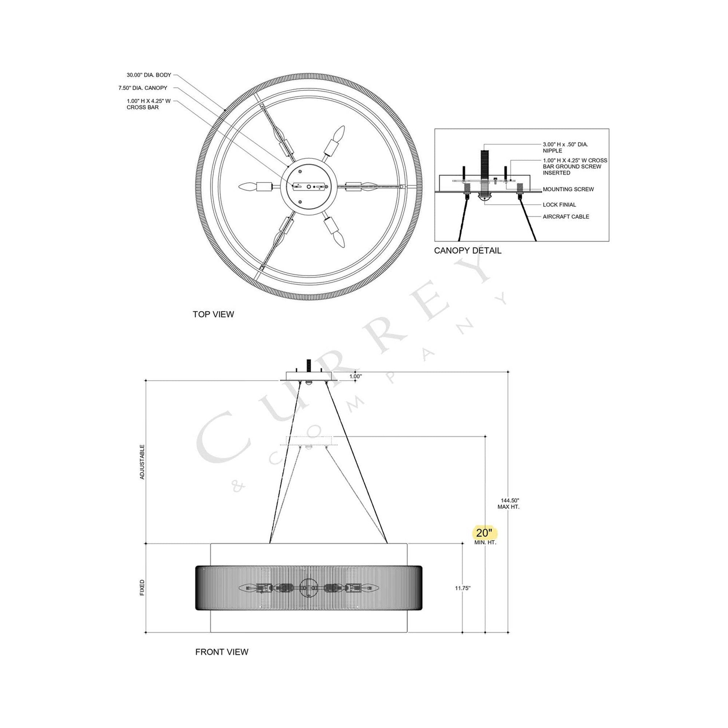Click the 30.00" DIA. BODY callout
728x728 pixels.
[x=149, y=75]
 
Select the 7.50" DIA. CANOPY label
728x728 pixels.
[x=143, y=88]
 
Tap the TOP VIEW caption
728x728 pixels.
[x=213, y=314]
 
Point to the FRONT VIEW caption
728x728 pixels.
[x=221, y=663]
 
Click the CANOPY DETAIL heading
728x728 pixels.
[x=468, y=251]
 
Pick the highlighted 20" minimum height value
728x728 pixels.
[x=484, y=533]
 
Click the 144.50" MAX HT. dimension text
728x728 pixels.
[x=508, y=504]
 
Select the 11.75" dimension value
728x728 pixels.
[x=463, y=588]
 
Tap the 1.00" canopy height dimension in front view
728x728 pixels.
[x=355, y=376]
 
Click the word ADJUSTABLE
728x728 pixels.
[x=142, y=462]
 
